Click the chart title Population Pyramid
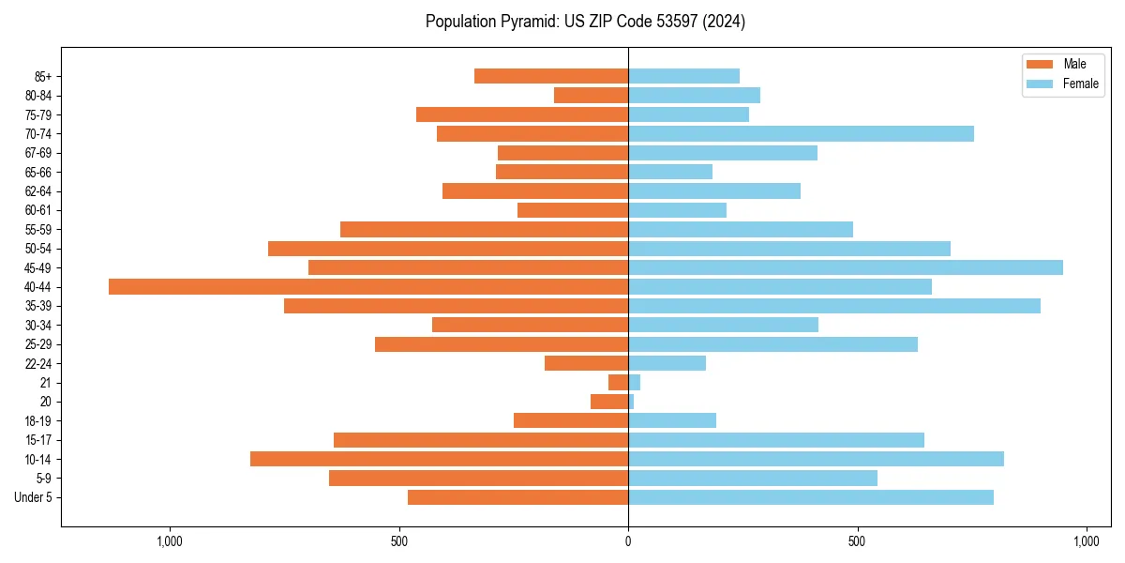(585, 22)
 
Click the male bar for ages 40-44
(368, 286)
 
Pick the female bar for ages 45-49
(846, 267)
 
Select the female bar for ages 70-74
(801, 133)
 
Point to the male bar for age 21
(619, 382)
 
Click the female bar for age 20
(631, 402)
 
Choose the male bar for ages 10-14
(439, 459)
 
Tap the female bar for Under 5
(811, 497)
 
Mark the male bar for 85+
(551, 76)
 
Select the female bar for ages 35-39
(834, 306)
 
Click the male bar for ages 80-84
(591, 95)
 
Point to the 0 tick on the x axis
(628, 541)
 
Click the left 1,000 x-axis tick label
(170, 541)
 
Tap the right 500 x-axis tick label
(857, 541)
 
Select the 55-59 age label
(38, 229)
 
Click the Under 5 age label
(34, 497)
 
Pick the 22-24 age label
(38, 363)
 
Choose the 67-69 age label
(38, 153)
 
